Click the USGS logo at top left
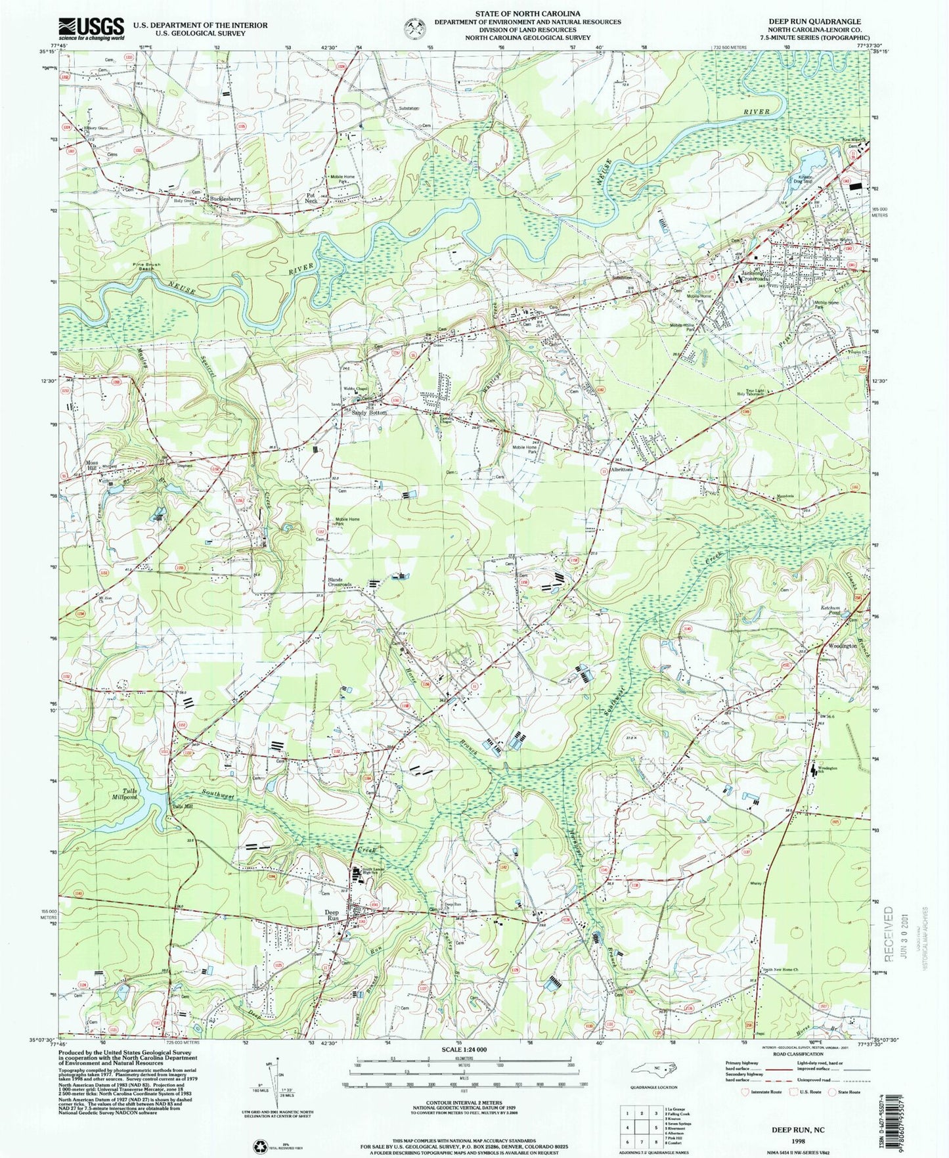pyautogui.click(x=91, y=28)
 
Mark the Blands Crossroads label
pyautogui.click(x=340, y=582)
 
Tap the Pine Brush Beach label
pyautogui.click(x=144, y=266)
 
